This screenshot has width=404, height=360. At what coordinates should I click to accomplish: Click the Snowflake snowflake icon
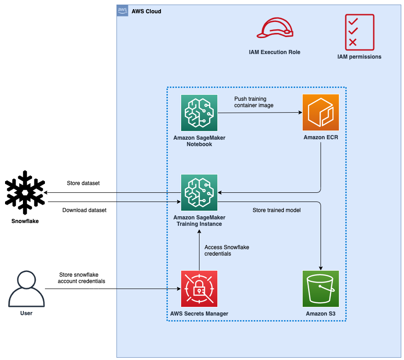[25, 192]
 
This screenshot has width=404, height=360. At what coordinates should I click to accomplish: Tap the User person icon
[27, 289]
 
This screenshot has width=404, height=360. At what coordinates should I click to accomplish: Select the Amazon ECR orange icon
[321, 113]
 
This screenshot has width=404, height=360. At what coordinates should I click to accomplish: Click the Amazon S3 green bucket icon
[321, 289]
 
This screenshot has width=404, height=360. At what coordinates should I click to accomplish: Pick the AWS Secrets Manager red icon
[199, 289]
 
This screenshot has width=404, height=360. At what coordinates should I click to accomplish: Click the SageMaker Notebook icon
[199, 113]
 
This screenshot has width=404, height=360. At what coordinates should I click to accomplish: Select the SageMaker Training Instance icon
[199, 192]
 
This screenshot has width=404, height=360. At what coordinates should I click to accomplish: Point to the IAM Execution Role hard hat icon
[274, 28]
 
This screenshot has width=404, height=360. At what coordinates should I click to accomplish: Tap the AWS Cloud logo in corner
[122, 11]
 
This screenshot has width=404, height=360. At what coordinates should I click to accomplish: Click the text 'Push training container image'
[254, 102]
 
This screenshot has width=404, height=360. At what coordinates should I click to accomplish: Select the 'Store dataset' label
[83, 183]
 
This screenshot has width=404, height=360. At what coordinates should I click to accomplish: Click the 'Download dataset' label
[84, 210]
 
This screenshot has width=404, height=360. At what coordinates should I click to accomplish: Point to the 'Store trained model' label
[277, 210]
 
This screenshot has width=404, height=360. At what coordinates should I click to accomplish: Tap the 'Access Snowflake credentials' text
[227, 250]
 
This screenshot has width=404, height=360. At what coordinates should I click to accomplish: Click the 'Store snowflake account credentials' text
[82, 278]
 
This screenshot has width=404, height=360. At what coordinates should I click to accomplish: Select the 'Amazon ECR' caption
[321, 137]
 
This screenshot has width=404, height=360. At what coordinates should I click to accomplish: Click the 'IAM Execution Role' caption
[274, 52]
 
